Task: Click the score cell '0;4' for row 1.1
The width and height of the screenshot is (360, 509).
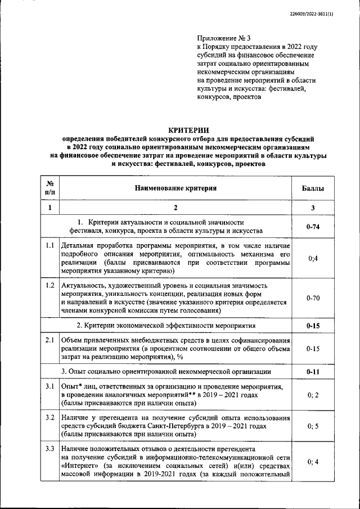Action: (313, 259)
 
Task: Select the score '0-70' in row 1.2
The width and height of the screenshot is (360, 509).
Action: (313, 298)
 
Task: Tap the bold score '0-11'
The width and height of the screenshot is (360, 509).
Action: (313, 372)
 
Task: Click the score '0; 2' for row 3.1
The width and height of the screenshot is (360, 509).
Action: (313, 395)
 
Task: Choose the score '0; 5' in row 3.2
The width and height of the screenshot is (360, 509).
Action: (313, 427)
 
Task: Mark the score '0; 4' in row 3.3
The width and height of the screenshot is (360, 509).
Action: (313, 462)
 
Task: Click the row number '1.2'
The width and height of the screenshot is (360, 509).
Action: (49, 286)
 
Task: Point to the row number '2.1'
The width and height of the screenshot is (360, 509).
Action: (49, 341)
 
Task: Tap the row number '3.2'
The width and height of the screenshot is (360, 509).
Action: (49, 418)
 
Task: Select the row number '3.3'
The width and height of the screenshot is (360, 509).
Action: (49, 449)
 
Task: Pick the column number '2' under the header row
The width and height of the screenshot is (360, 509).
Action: (175, 208)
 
